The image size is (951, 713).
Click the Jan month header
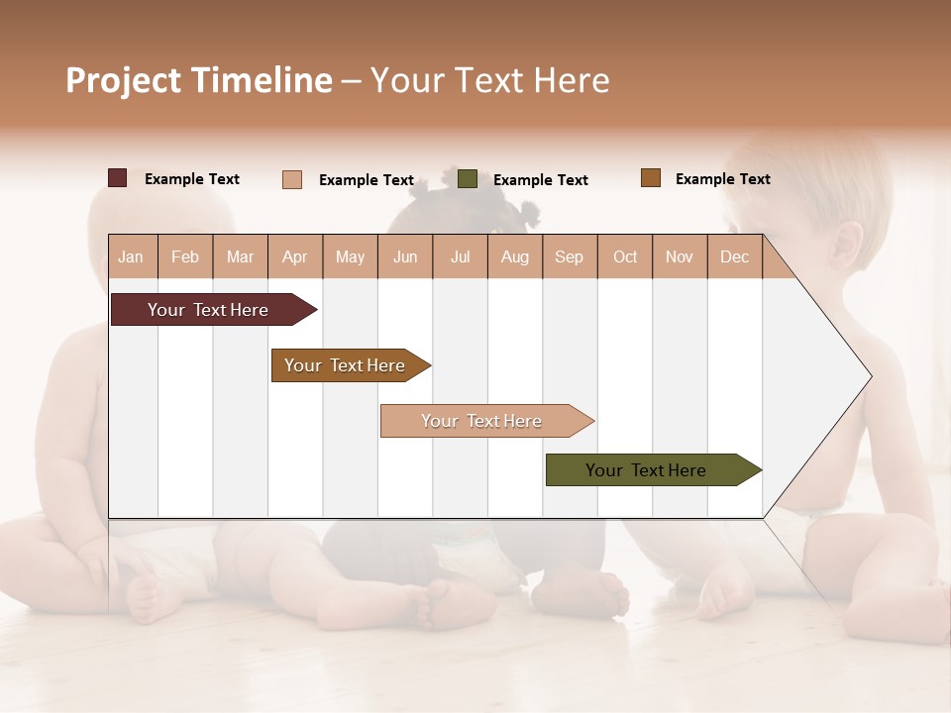click(x=131, y=256)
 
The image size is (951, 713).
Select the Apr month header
click(x=295, y=256)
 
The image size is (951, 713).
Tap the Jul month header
click(x=460, y=256)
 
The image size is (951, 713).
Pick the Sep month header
click(x=569, y=256)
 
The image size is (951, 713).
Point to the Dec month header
click(x=734, y=256)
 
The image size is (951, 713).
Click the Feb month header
click(x=185, y=256)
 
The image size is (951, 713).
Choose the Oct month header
click(x=625, y=256)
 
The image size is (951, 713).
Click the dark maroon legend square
click(x=118, y=178)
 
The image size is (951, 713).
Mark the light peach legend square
click(x=292, y=179)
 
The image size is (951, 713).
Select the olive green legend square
click(x=468, y=179)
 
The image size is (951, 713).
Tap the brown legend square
click(x=650, y=178)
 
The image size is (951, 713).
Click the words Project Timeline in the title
click(x=199, y=80)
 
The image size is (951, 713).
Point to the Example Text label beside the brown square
click(x=722, y=179)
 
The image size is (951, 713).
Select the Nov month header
click(x=680, y=256)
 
